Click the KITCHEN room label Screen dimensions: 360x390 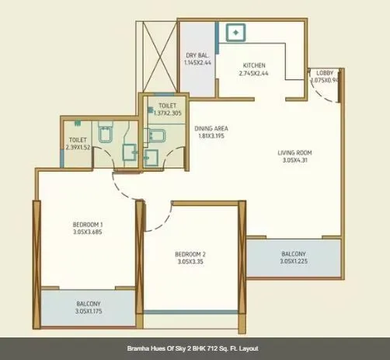tap(254, 65)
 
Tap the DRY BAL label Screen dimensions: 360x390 tap(197, 55)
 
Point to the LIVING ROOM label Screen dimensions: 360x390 tap(294, 152)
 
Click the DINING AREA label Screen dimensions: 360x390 tap(210, 128)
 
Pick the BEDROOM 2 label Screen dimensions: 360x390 tap(190, 254)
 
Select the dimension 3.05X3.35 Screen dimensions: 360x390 tap(190, 262)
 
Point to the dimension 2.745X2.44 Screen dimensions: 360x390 tap(254, 73)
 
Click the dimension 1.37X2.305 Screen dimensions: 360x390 tap(167, 113)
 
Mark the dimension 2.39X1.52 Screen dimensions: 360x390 tap(78, 146)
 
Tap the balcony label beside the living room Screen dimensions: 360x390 tap(293, 254)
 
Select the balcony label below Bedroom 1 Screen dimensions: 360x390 tap(88, 304)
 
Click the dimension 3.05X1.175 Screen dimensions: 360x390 tap(88, 312)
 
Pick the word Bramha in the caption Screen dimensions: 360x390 tap(141, 349)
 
